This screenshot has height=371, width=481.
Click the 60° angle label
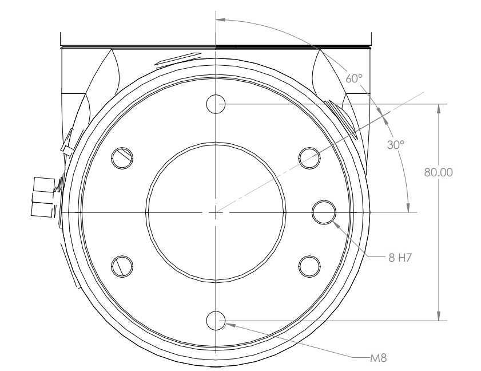pyautogui.click(x=355, y=78)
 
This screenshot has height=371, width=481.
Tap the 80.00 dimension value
pyautogui.click(x=438, y=173)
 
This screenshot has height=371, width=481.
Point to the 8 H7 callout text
pyautogui.click(x=400, y=258)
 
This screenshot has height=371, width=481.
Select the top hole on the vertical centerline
pyautogui.click(x=216, y=104)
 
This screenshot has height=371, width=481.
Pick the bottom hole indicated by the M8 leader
pyautogui.click(x=216, y=321)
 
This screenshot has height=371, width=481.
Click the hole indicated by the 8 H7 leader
pyautogui.click(x=324, y=211)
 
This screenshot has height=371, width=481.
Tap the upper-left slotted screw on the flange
pyautogui.click(x=122, y=158)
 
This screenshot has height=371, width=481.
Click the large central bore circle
pyautogui.click(x=216, y=211)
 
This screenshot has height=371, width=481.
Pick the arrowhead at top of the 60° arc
pyautogui.click(x=220, y=18)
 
